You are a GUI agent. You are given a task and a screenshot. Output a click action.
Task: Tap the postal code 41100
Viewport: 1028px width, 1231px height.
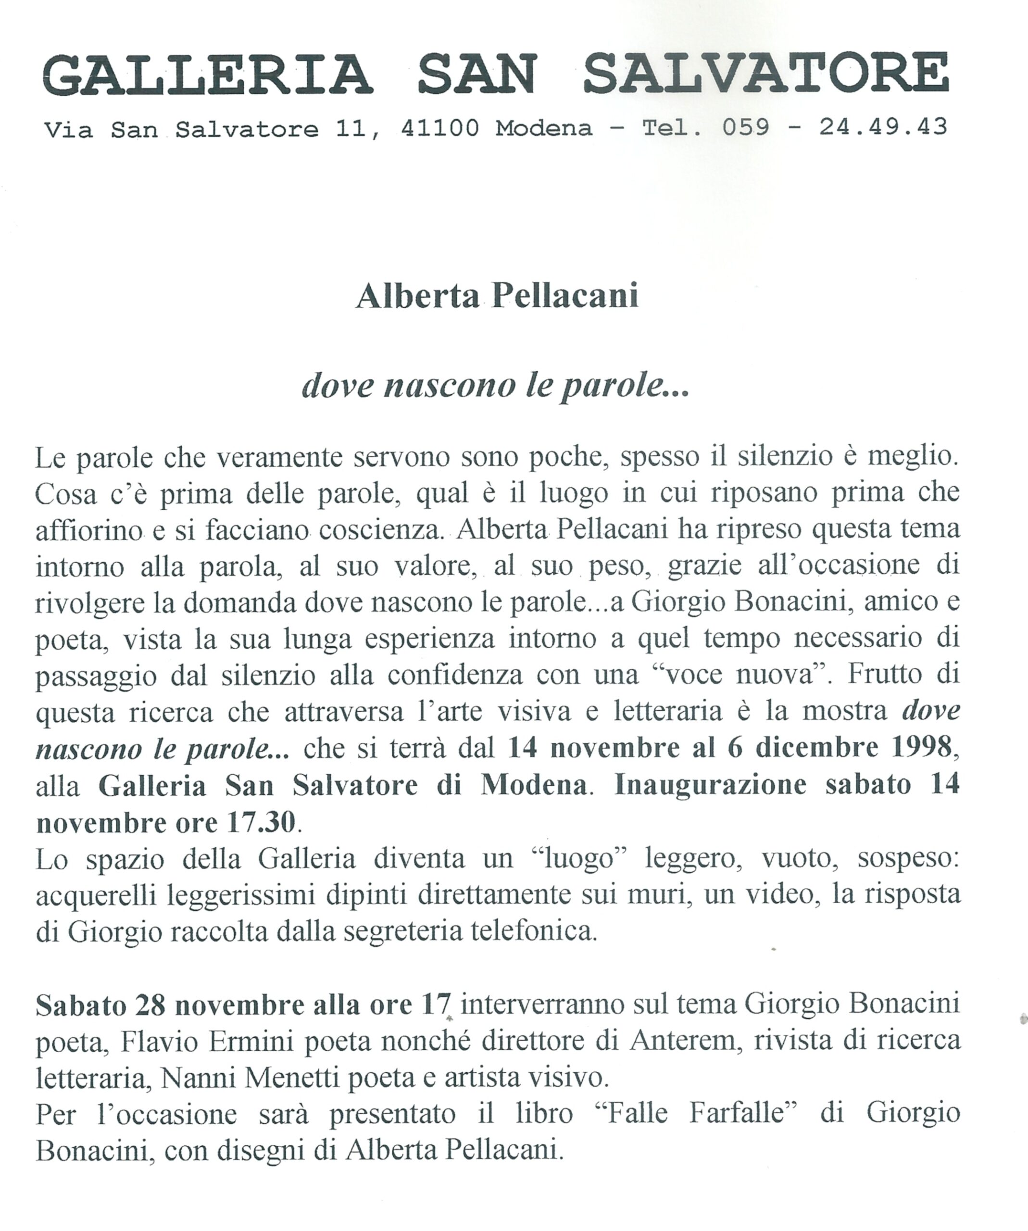click(439, 128)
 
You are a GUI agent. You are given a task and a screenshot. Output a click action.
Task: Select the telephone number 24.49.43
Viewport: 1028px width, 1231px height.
click(883, 126)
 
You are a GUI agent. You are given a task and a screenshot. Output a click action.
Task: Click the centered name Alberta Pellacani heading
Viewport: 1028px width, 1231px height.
click(497, 296)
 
